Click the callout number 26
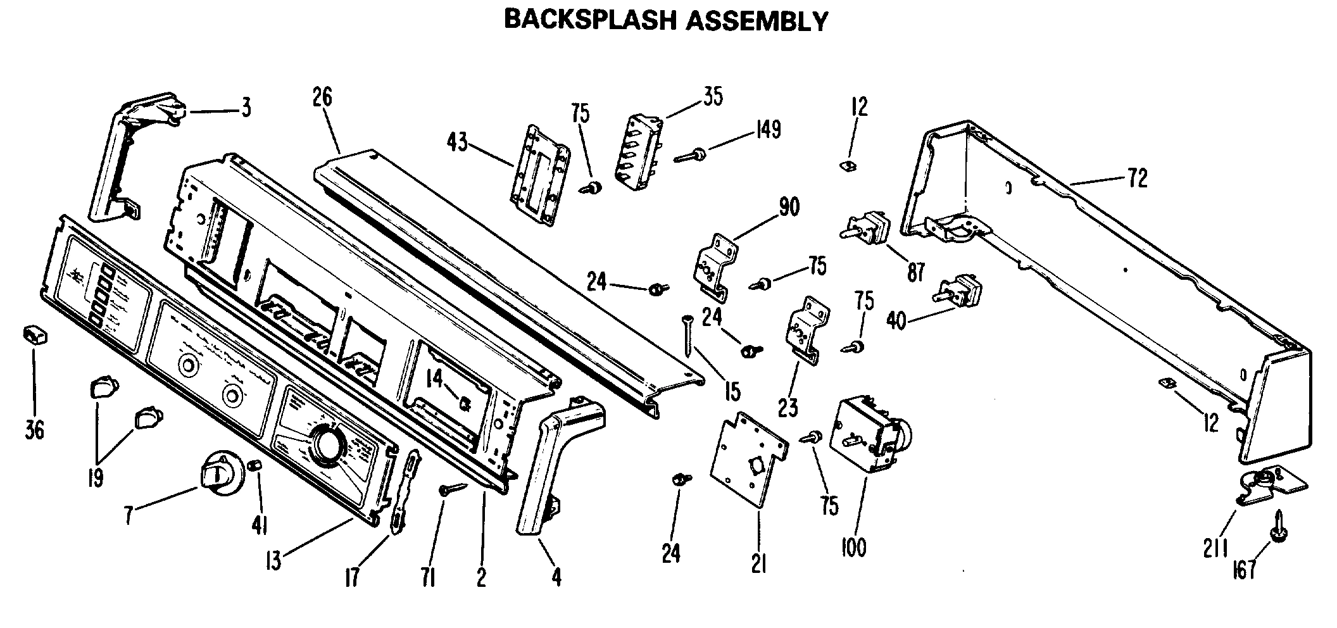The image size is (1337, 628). (322, 97)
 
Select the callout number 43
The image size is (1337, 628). (456, 142)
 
